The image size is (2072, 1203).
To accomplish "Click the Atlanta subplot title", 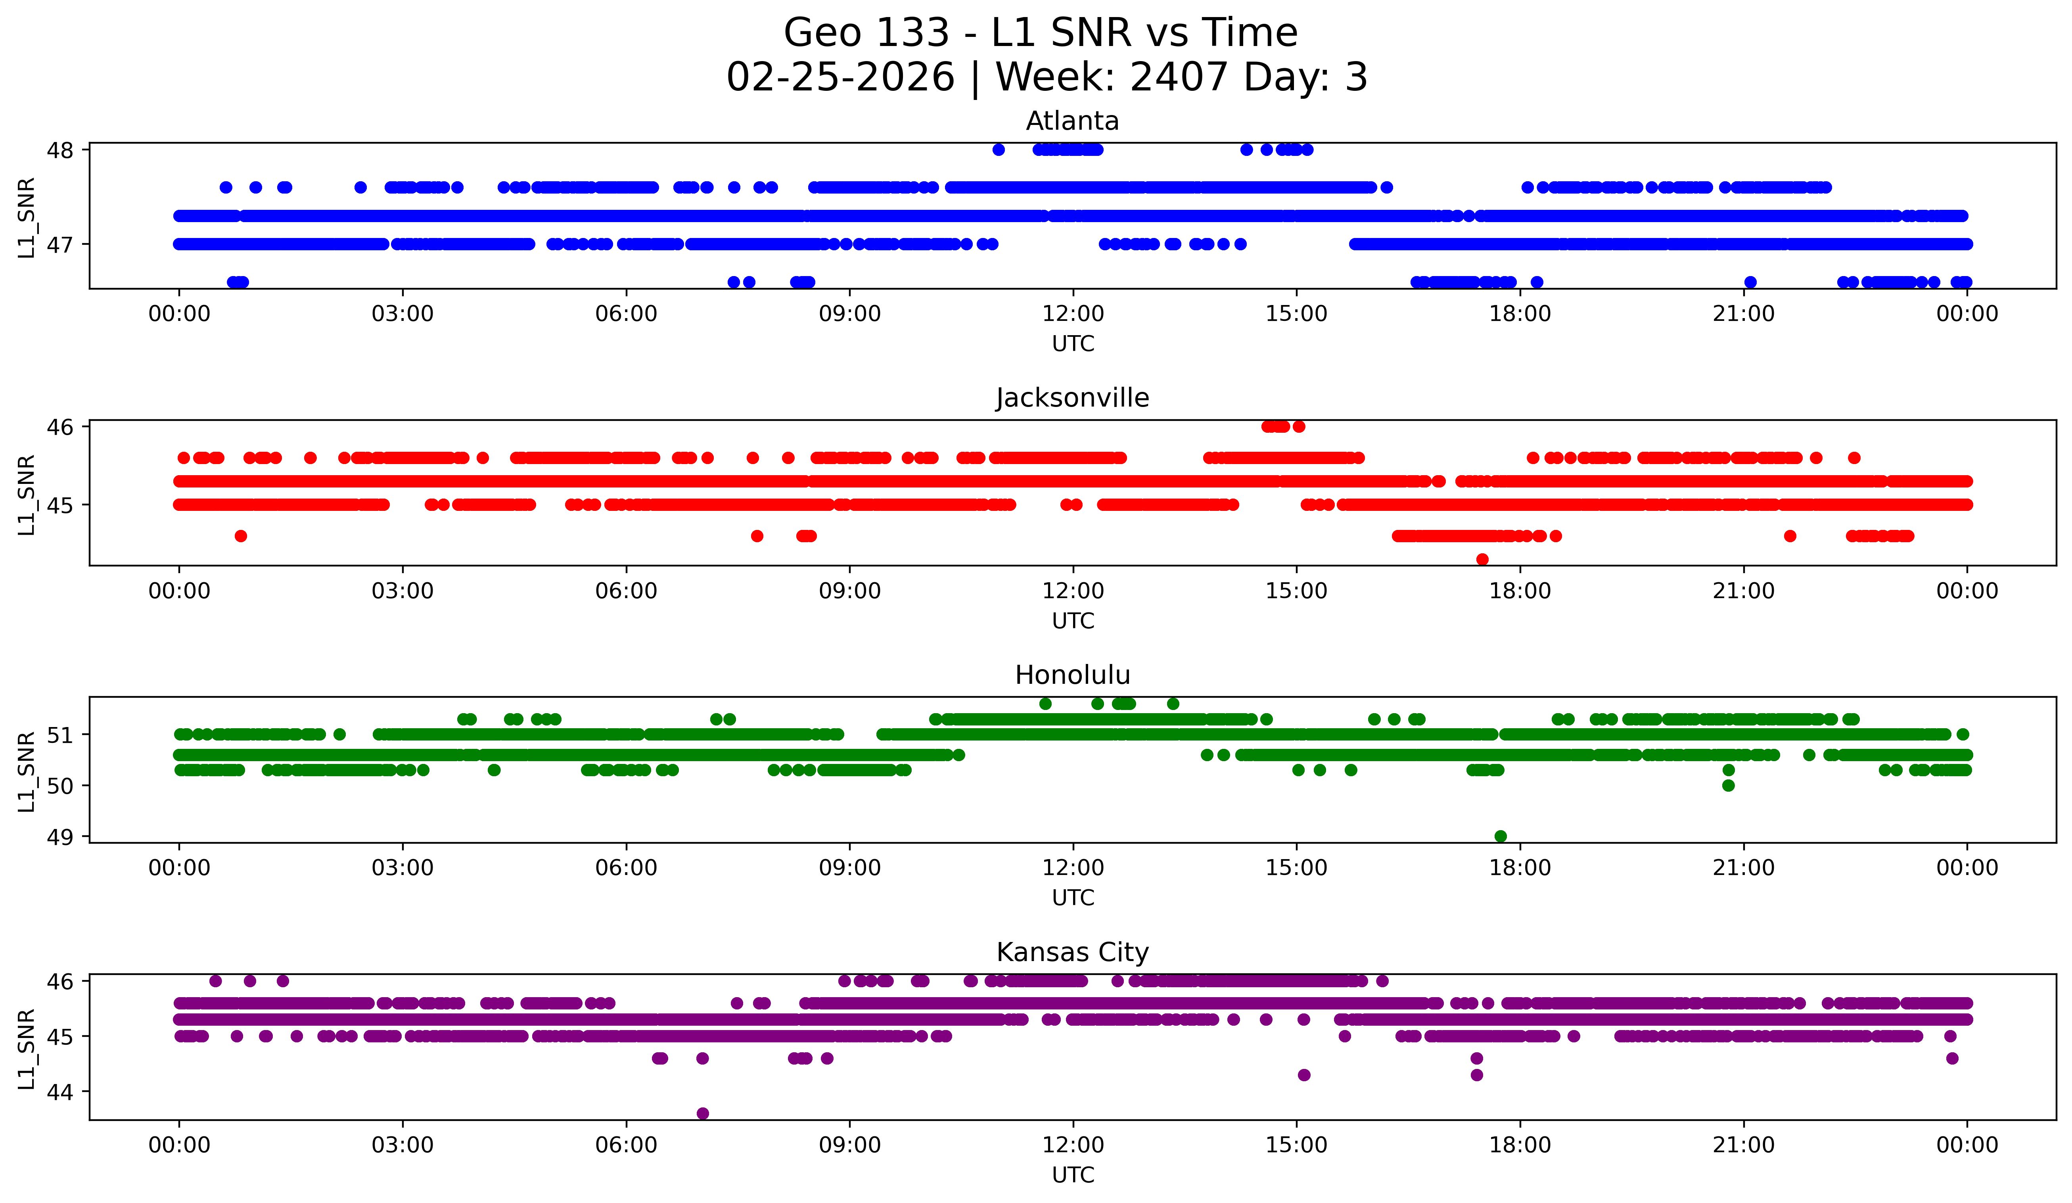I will [1072, 121].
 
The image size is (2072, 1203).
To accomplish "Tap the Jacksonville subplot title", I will [1072, 398].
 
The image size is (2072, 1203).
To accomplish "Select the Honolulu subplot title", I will [1072, 675].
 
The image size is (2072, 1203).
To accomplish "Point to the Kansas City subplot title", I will [1072, 952].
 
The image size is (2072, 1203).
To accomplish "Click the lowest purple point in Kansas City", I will [702, 1113].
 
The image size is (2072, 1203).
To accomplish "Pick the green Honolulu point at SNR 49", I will [1500, 836].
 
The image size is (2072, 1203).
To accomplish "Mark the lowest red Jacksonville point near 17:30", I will [1482, 559].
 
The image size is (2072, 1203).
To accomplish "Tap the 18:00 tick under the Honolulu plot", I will [1520, 867].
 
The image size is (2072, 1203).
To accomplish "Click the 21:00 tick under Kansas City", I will [1743, 1145].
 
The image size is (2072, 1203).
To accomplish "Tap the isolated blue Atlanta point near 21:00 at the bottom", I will [1750, 282].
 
